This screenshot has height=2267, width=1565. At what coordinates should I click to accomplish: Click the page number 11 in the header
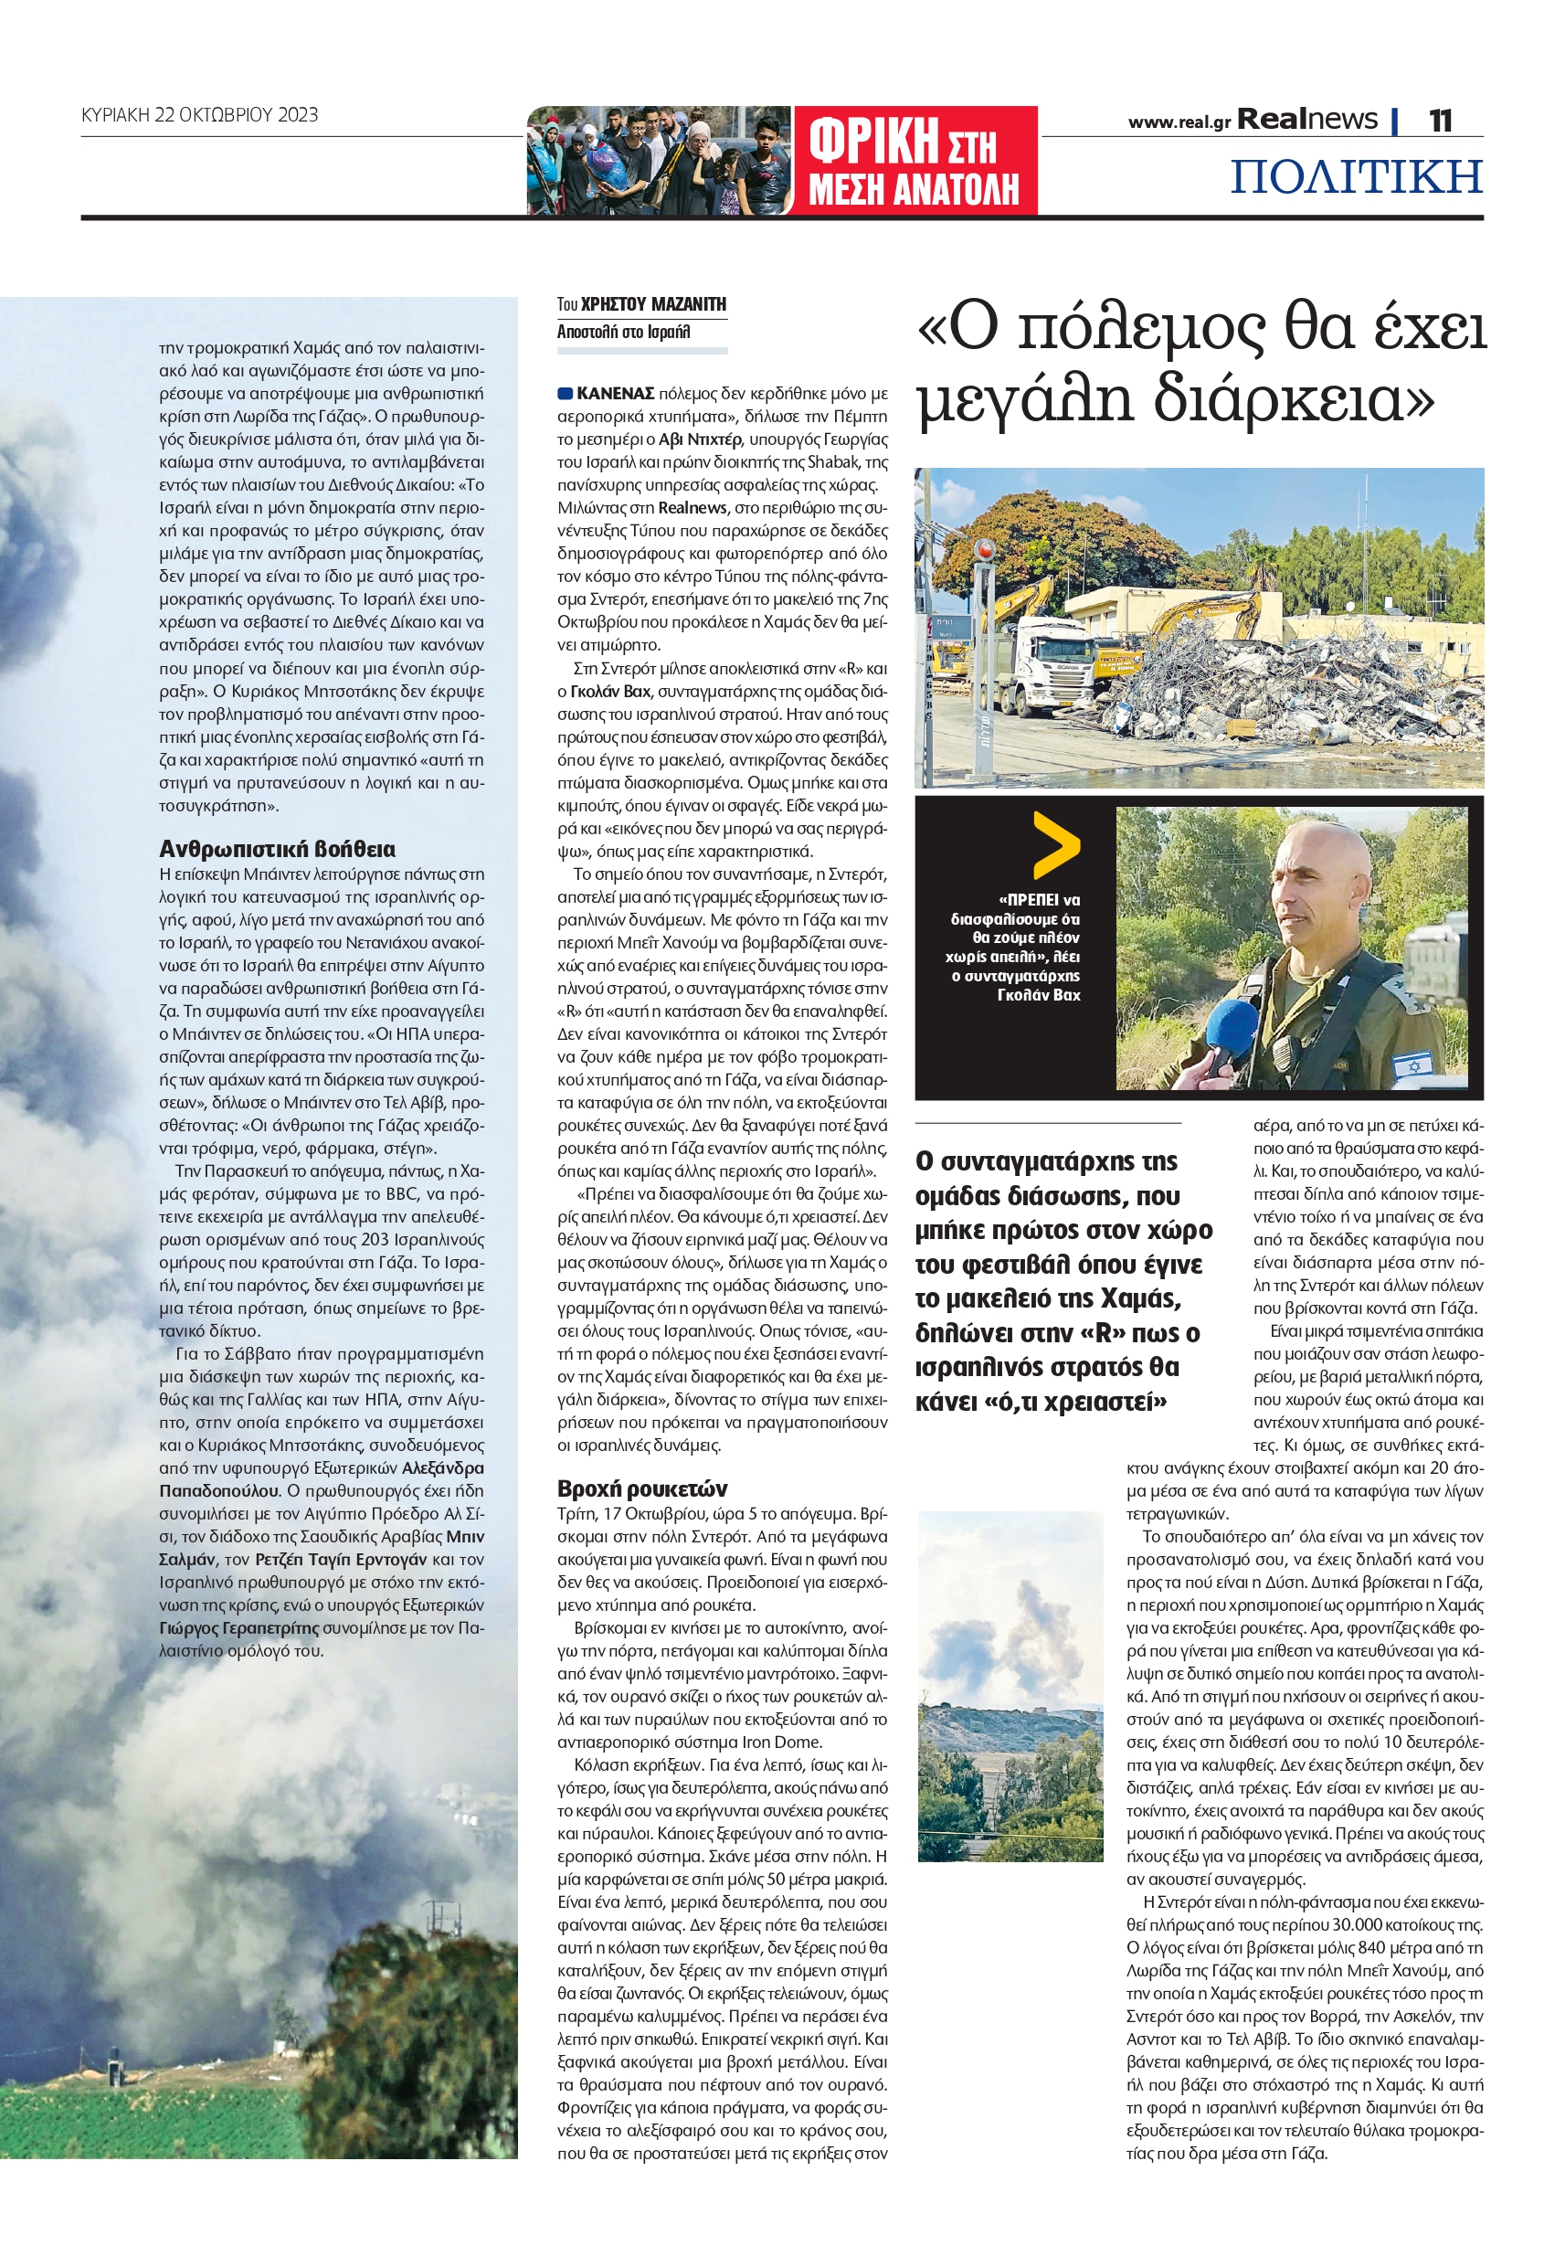click(1440, 121)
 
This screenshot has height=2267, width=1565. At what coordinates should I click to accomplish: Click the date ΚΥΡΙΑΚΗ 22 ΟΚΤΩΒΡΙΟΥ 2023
click(199, 115)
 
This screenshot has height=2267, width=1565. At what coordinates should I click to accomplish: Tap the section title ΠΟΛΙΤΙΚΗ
click(1356, 176)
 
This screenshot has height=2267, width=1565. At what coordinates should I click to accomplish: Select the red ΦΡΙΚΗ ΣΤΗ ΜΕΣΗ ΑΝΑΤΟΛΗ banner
click(914, 160)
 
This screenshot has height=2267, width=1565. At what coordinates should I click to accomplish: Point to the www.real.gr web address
click(1179, 122)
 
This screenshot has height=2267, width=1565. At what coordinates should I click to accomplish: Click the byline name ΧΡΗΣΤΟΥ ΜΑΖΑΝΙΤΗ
click(653, 304)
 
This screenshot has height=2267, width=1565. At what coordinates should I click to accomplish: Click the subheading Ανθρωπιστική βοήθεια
click(278, 849)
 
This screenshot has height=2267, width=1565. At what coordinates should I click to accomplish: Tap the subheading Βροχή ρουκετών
click(642, 1488)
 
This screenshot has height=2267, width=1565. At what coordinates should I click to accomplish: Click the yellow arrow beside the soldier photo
click(1055, 845)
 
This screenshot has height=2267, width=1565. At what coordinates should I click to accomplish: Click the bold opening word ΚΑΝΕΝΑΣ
click(615, 393)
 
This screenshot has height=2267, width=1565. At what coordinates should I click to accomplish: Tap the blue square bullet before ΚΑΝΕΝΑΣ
click(565, 393)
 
